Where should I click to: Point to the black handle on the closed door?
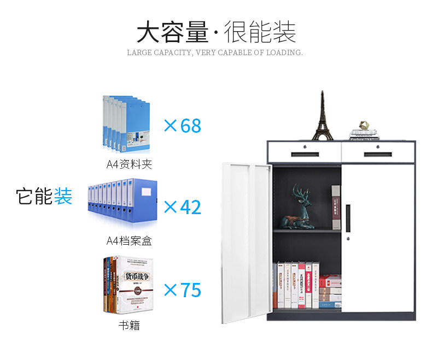348,217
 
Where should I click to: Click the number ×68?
183,126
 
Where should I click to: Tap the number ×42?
183,207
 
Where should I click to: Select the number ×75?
183,290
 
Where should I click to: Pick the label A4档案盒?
129,241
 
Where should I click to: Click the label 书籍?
129,326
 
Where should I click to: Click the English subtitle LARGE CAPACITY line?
215,53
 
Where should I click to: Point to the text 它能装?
44,196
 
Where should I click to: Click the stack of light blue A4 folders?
125,123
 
